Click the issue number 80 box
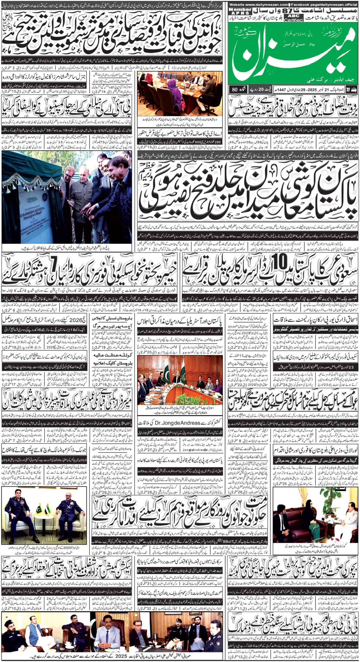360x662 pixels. tap(236, 91)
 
